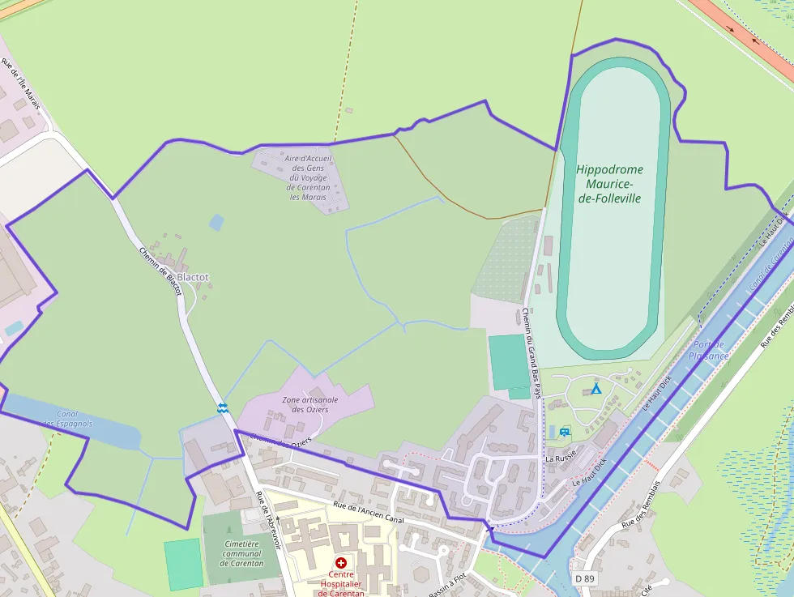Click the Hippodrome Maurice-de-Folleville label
609,184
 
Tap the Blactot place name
193,277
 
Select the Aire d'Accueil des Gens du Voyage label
308,177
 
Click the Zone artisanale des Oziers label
309,404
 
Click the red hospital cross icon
341,562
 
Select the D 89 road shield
585,578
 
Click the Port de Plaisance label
709,350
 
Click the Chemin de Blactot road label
159,271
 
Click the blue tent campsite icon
596,389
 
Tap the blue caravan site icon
564,432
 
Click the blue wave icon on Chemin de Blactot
222,407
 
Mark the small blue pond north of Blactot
216,222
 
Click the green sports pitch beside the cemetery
183,564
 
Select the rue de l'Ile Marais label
20,84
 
